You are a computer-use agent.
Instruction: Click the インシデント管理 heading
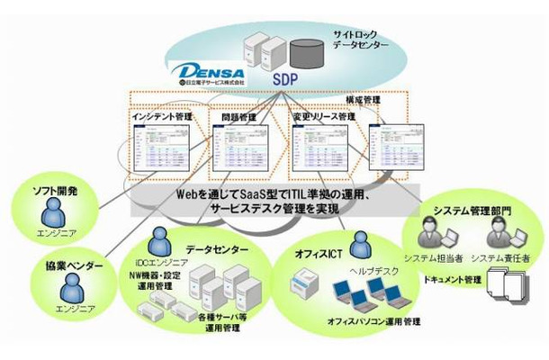click(x=160, y=116)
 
